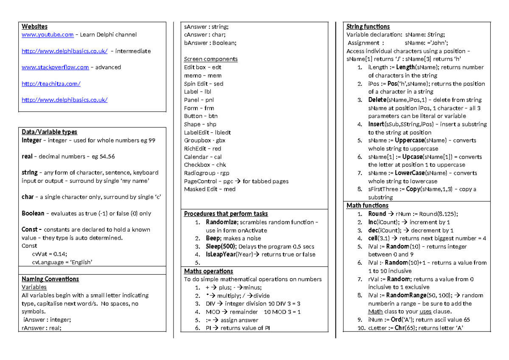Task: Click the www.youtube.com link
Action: click(48, 35)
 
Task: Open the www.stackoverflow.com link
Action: click(55, 67)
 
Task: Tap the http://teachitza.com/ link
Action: click(51, 84)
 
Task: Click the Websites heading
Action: click(34, 27)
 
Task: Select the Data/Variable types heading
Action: click(49, 132)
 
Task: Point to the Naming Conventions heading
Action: click(50, 279)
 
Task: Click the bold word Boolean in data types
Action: click(33, 214)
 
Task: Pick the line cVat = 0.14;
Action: click(50, 254)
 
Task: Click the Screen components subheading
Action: click(210, 59)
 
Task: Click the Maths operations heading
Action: click(208, 271)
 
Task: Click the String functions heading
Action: click(368, 27)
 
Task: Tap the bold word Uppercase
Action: click(409, 140)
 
